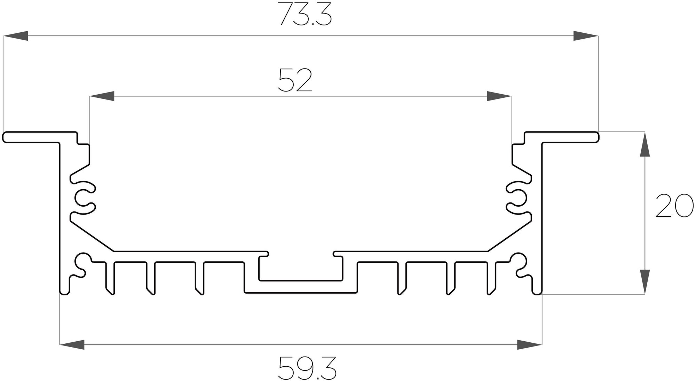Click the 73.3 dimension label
(x=306, y=15)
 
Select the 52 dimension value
(x=295, y=80)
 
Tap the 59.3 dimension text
(x=307, y=368)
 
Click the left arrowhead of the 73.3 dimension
(x=16, y=36)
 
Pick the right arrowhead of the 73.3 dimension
(x=586, y=36)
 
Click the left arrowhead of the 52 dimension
(x=102, y=96)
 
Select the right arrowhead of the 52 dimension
(x=499, y=96)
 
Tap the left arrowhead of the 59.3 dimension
(x=72, y=345)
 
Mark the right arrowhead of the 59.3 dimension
(x=530, y=345)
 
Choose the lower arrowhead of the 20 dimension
(x=645, y=282)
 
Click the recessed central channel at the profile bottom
(x=301, y=286)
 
